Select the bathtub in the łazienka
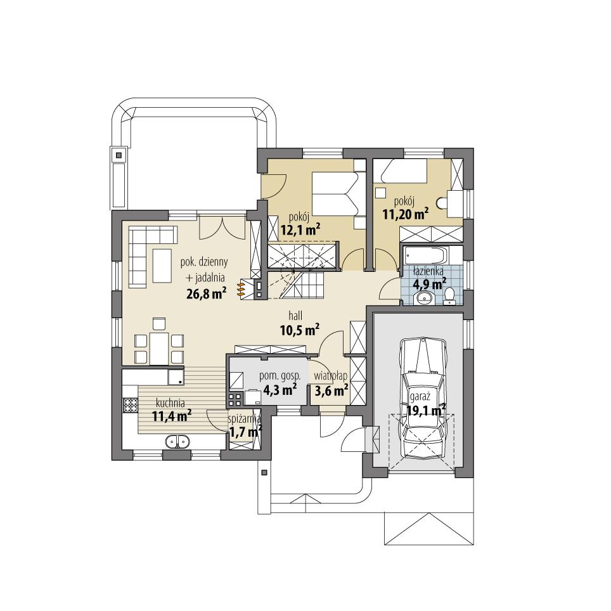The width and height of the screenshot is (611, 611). click(425, 257)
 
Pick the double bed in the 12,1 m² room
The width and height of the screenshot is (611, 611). click(337, 193)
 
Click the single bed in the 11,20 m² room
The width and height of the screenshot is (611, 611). click(402, 170)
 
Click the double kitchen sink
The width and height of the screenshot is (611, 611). click(177, 441)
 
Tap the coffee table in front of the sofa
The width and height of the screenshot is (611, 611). click(163, 264)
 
